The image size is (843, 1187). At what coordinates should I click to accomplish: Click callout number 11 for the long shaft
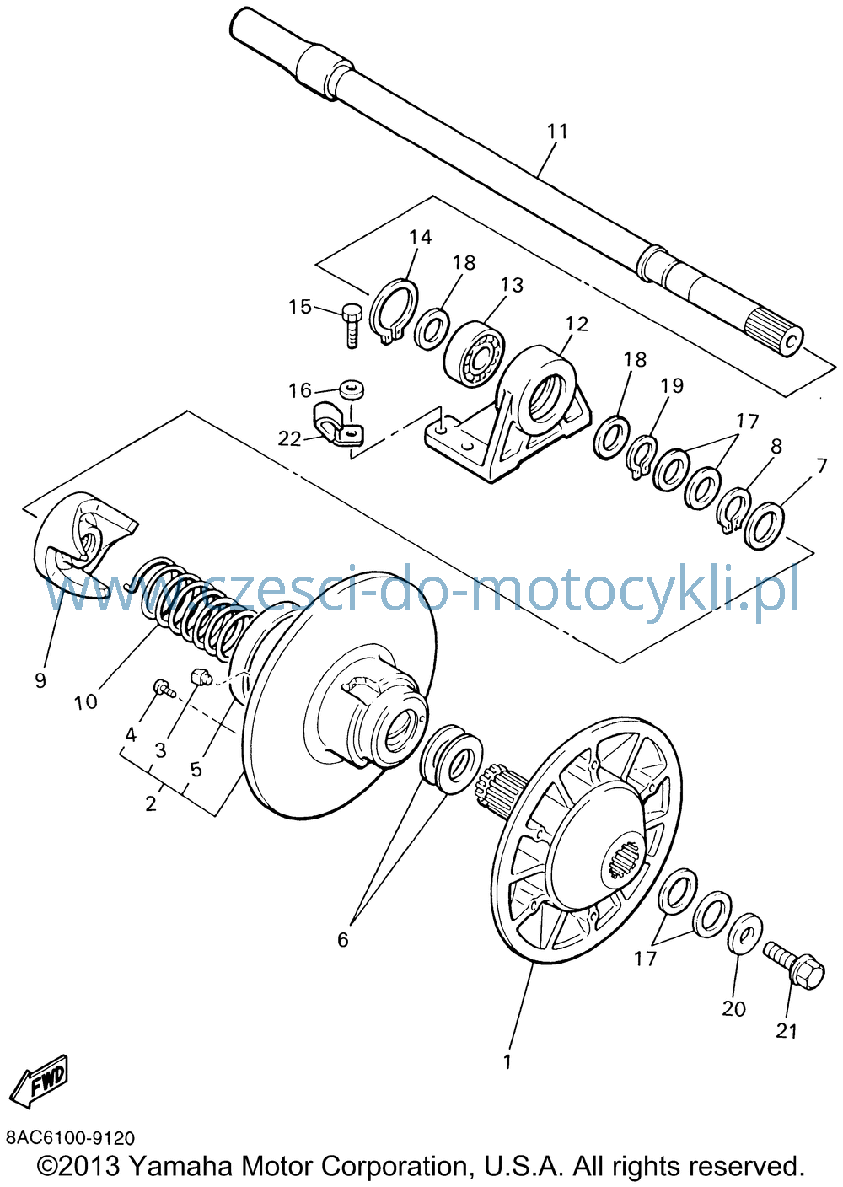[556, 131]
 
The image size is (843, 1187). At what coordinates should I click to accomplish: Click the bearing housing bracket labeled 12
[512, 413]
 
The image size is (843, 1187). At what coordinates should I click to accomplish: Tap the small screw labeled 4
[164, 689]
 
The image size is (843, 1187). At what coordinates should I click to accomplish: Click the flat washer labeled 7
[765, 524]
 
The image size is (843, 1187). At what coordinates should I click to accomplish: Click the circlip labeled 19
[642, 455]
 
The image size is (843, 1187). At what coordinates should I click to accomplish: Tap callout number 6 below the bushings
[343, 939]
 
